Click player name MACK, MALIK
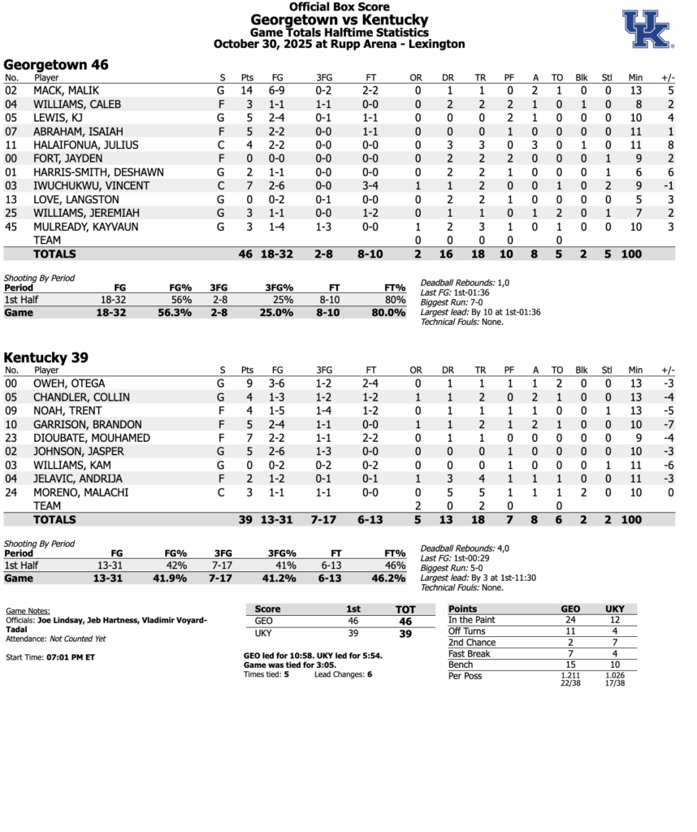coord(66,90)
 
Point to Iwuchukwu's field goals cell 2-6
coord(277,186)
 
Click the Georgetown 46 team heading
coord(56,64)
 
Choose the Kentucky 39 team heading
coord(46,357)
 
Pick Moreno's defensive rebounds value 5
coord(449,492)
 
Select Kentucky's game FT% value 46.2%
coord(388,578)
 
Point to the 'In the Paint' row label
coord(471,620)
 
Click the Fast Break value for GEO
coord(570,653)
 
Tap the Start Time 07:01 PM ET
coord(71,656)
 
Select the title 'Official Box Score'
coord(339,6)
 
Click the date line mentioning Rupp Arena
coord(339,44)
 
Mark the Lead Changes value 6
coord(370,674)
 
